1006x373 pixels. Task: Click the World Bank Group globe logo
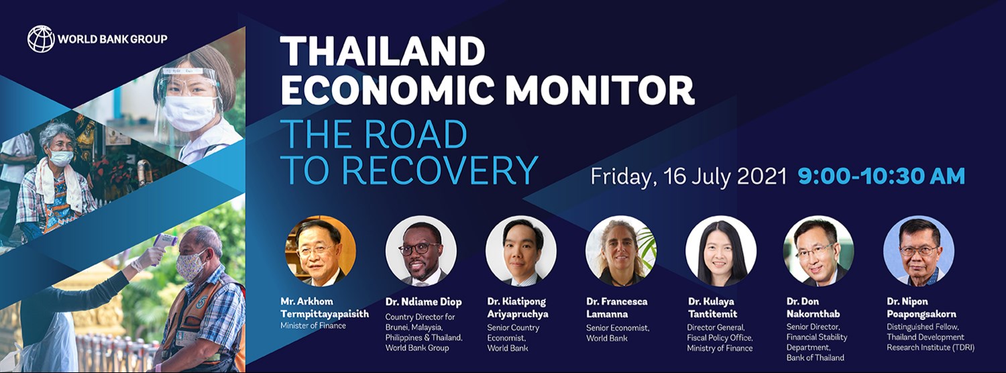pos(41,39)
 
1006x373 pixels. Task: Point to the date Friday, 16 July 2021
pos(688,176)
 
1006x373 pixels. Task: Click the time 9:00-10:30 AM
pos(881,176)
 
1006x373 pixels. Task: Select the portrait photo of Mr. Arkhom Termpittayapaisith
pos(321,251)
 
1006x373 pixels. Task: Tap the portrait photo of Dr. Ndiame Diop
pos(421,251)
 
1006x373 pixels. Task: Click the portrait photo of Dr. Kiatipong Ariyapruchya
pos(520,251)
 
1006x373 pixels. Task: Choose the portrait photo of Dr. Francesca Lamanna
pos(620,251)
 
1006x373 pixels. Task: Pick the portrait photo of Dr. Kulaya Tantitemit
pos(720,251)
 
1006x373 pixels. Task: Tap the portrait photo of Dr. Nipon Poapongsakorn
pos(918,251)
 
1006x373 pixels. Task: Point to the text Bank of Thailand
pos(816,358)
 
